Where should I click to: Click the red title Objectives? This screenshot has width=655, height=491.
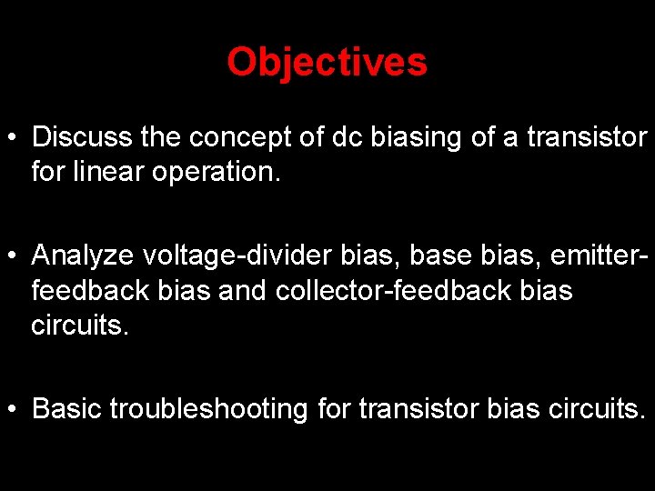[x=327, y=63]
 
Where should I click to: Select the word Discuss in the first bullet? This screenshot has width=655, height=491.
[x=83, y=138]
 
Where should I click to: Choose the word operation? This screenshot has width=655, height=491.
[x=228, y=171]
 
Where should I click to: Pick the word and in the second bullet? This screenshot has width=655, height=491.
[x=243, y=292]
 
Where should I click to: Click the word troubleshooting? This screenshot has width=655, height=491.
[x=208, y=409]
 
